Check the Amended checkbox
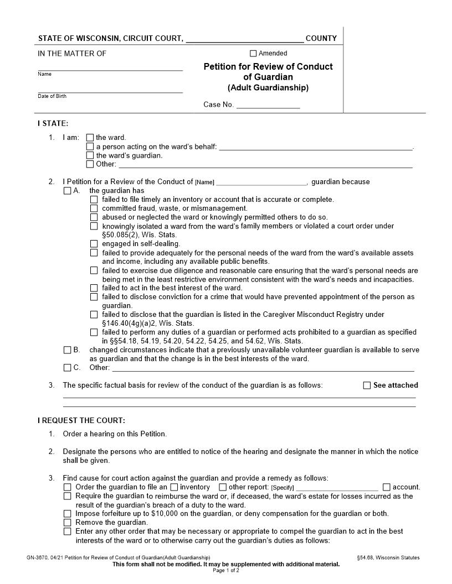[x=253, y=54]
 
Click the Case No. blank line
[x=268, y=105]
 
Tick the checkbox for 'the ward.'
[x=90, y=138]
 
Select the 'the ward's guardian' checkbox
[x=90, y=155]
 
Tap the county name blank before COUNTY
[x=244, y=39]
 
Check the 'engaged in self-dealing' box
[x=94, y=244]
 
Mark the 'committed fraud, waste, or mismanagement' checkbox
[x=94, y=208]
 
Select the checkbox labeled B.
[x=68, y=350]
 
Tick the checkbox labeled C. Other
[x=68, y=368]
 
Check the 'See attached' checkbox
[x=367, y=385]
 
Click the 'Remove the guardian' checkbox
[x=68, y=523]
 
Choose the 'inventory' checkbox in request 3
[x=174, y=487]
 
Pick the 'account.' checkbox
[x=387, y=487]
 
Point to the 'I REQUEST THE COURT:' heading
[x=81, y=420]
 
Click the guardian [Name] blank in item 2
[x=261, y=182]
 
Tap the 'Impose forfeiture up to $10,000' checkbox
[x=68, y=514]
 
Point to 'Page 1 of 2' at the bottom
[x=226, y=571]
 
